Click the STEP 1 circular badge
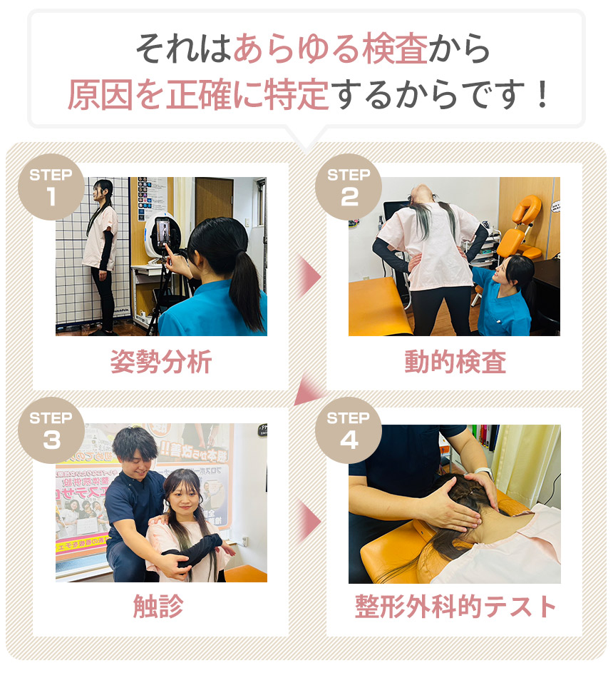tap(51, 187)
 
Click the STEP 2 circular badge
tap(349, 187)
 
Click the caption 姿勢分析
tap(160, 363)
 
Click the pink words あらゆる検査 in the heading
tap(331, 49)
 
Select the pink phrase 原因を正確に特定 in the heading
tap(198, 95)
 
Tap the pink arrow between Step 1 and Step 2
tap(308, 277)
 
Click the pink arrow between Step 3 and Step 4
tap(308, 521)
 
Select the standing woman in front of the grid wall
tap(101, 250)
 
